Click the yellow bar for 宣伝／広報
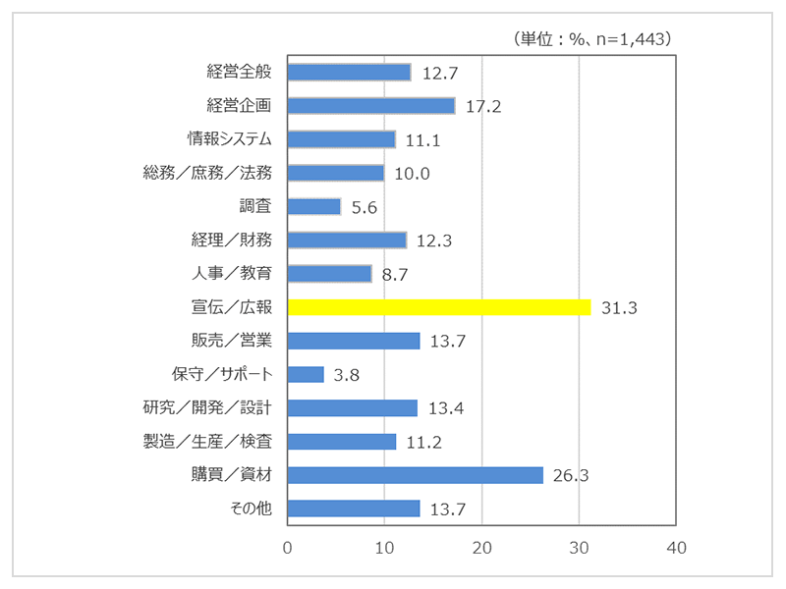(x=439, y=307)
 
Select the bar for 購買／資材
(x=416, y=475)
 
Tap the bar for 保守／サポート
(x=306, y=374)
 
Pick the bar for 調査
(x=314, y=206)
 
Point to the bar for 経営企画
(x=371, y=105)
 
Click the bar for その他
(x=354, y=509)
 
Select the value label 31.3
(x=620, y=308)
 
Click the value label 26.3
(x=571, y=475)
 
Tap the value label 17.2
(x=483, y=106)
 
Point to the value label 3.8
(x=346, y=375)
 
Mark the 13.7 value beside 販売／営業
(x=448, y=342)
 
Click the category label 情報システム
(x=230, y=138)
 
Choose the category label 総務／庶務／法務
(x=207, y=173)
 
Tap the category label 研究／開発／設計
(x=207, y=407)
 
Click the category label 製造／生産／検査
(x=207, y=442)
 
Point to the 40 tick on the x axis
(x=674, y=547)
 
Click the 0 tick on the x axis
(x=288, y=547)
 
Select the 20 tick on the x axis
(x=481, y=547)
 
